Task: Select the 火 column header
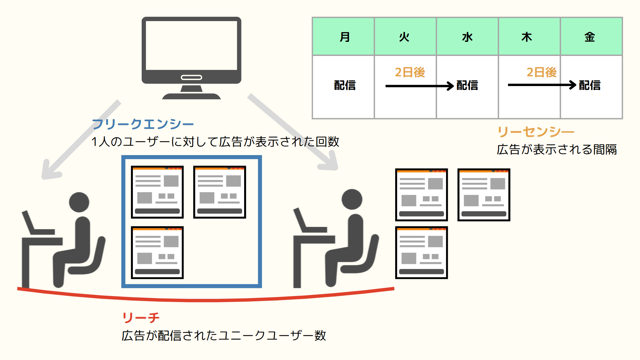coord(405,37)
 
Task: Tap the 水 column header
coord(467,37)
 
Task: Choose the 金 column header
coord(590,37)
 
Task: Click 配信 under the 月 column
coord(345,85)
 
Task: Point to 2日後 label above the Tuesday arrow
coord(410,72)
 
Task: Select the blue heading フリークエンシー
coord(143,124)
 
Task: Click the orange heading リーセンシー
coord(536,132)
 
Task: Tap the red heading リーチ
coord(141,317)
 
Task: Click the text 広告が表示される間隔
coord(557,149)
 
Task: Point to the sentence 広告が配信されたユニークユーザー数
coord(224,335)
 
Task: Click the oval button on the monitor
coord(191,77)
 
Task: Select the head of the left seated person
coord(79,202)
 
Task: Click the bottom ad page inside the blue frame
coord(157,253)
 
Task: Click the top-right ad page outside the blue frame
coord(484,195)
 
